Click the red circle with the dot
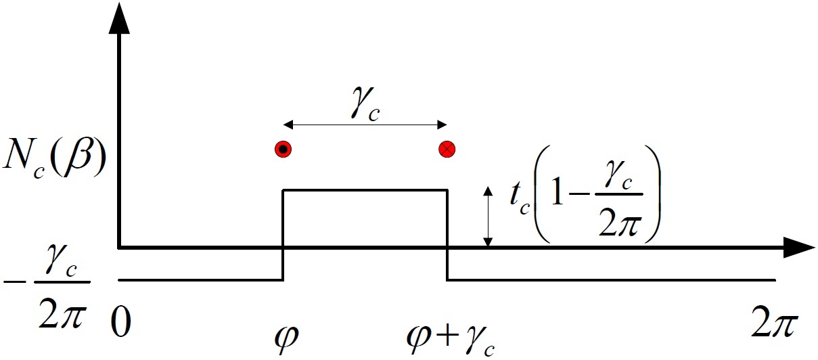tap(283, 150)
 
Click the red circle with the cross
tap(447, 150)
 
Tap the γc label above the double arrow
tap(365, 107)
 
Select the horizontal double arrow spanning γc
tap(365, 125)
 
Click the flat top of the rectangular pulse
tap(365, 190)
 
